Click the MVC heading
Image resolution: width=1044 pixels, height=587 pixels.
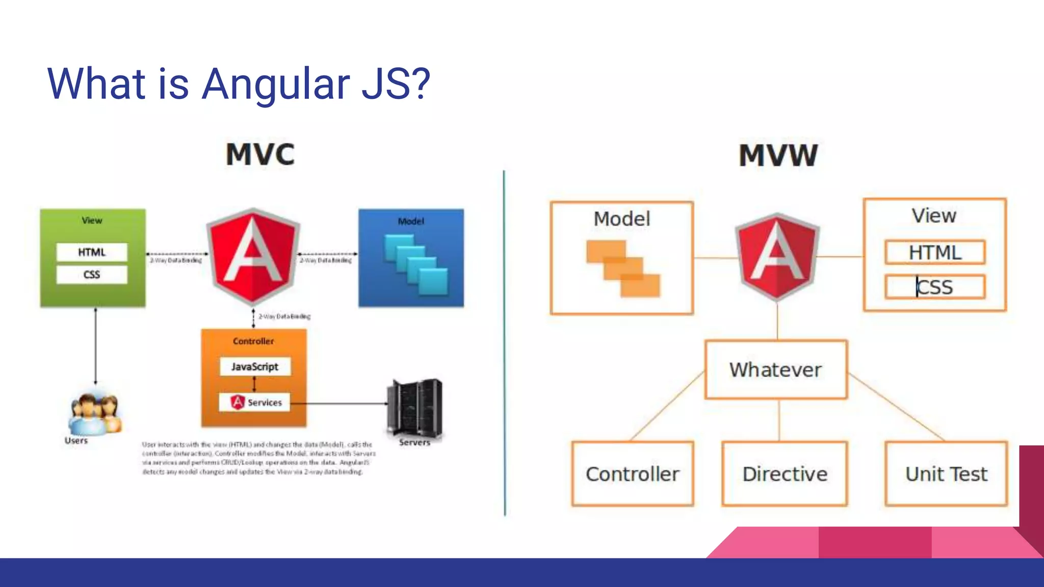coord(260,154)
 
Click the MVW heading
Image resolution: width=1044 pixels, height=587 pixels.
coord(778,155)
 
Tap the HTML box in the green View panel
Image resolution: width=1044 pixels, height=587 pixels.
coord(92,252)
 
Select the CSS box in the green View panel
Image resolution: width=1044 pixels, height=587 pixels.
coord(92,275)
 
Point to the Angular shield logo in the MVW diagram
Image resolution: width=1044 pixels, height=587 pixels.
coord(777,256)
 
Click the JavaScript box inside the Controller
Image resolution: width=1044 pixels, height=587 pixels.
coord(255,366)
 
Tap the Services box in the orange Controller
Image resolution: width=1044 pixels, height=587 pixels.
coord(254,402)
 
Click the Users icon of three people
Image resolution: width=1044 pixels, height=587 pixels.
coord(95,413)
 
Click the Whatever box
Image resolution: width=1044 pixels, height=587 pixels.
coord(776,369)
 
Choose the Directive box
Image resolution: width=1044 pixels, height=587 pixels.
coord(785,474)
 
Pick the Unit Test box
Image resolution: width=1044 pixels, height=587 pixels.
coord(946,474)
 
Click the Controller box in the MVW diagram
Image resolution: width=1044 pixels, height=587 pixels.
coord(633,474)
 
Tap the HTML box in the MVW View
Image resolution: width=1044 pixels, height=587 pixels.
coord(935,252)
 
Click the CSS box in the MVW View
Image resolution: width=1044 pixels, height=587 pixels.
coord(935,287)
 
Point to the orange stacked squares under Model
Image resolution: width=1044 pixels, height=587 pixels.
coord(623,269)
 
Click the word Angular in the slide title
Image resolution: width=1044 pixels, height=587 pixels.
coord(276,84)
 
